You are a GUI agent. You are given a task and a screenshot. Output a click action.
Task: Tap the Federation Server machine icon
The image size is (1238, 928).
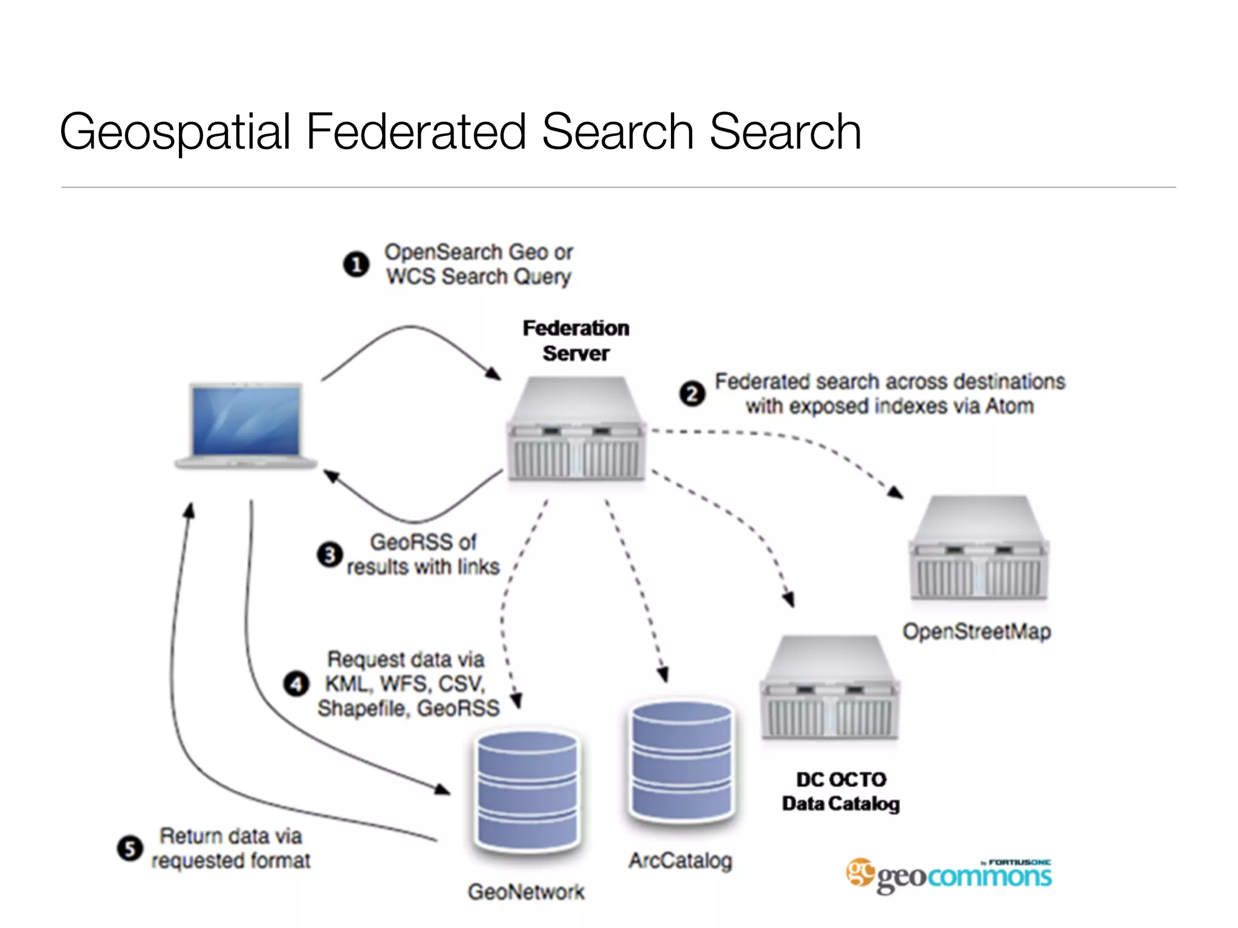pos(576,429)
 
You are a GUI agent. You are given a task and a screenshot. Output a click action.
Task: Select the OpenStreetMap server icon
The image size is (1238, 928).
pos(979,547)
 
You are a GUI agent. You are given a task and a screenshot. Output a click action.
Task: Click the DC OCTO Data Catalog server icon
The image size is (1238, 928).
pos(829,688)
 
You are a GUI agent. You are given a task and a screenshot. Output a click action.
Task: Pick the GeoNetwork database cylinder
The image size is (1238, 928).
pos(527,791)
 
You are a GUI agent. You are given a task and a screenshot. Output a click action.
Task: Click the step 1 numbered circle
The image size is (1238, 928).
pos(357,265)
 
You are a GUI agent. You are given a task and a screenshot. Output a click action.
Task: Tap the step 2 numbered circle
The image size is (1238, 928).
pos(692,394)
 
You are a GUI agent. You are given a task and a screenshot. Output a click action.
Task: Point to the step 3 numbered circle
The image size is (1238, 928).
pos(330,555)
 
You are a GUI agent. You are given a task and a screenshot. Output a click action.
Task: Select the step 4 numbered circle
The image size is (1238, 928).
pos(296,684)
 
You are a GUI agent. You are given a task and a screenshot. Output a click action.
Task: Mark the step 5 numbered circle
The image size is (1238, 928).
pos(130,848)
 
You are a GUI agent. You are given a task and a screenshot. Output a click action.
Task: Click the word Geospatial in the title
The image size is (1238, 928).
pos(175,132)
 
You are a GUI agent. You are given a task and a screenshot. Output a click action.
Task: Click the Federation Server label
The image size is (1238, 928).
pos(575,341)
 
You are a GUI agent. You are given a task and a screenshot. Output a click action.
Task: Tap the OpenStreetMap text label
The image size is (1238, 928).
pos(976,632)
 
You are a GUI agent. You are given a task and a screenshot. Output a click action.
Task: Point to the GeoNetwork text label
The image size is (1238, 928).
pos(526,892)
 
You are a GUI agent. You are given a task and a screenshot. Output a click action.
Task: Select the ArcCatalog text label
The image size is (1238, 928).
pos(680,860)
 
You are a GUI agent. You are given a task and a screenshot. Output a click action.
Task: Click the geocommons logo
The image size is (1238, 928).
pos(949,875)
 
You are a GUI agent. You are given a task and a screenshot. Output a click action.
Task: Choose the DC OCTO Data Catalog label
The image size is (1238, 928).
pos(841,791)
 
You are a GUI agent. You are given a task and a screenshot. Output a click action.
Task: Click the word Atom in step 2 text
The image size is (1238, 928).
pos(1009,406)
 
